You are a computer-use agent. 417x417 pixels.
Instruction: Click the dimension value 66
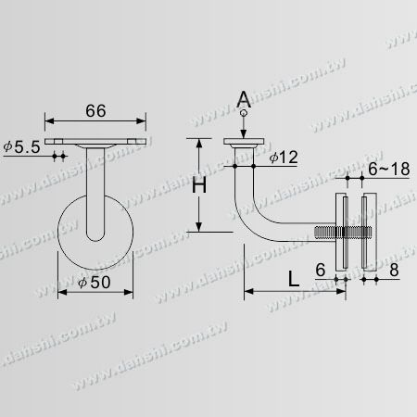tap(96, 109)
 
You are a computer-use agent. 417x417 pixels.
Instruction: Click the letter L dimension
tap(293, 277)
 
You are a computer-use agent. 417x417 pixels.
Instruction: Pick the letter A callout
tap(244, 100)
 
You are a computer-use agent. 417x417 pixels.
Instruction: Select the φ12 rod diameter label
tap(284, 157)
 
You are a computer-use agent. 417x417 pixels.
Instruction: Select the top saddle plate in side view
tap(244, 142)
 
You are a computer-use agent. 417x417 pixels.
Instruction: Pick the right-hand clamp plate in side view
tap(370, 232)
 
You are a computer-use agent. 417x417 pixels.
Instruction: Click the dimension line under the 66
tap(96, 120)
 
